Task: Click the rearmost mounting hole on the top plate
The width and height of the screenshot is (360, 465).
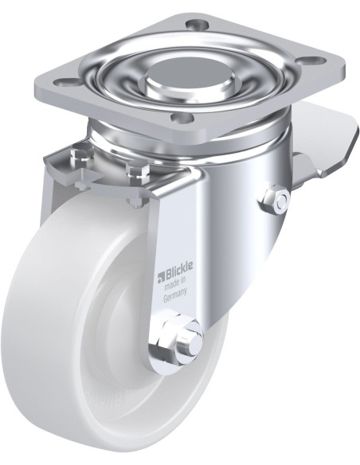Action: [194, 22]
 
